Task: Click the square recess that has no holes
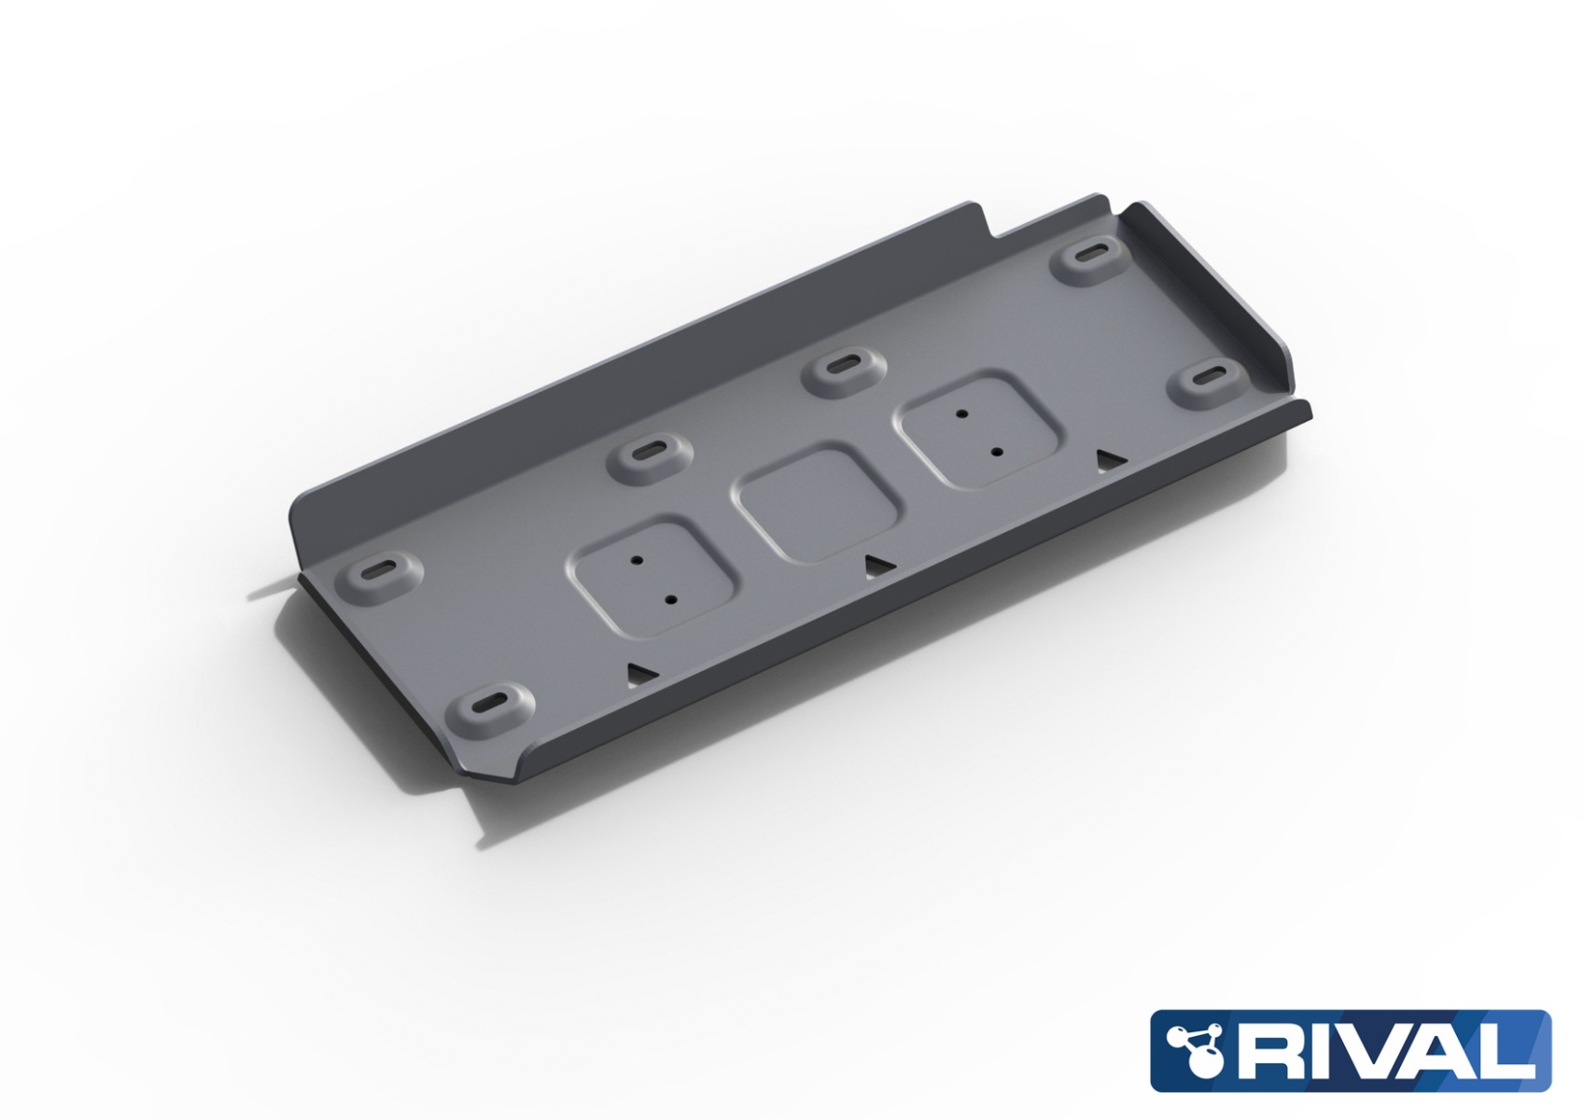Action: click(820, 504)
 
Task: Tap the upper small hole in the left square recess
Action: click(637, 560)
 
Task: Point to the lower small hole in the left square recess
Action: click(670, 601)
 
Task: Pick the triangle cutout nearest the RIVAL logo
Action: click(1108, 458)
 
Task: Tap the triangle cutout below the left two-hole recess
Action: click(640, 672)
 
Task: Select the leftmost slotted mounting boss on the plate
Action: click(378, 571)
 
